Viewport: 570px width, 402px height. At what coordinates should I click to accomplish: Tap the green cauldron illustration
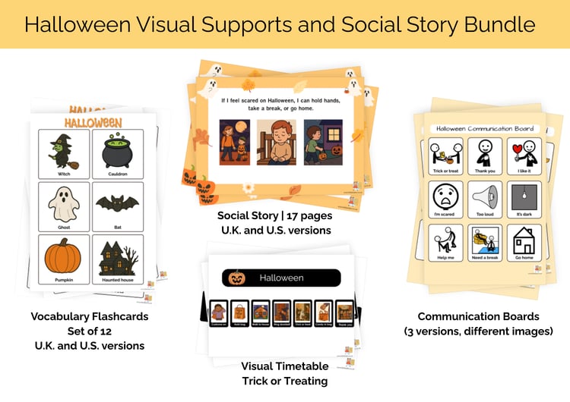[x=116, y=151]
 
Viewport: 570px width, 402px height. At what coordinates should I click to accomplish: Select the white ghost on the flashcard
[x=64, y=204]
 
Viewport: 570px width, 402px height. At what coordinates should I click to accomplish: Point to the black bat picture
[x=116, y=203]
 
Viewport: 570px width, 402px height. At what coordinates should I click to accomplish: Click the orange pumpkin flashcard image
[x=64, y=256]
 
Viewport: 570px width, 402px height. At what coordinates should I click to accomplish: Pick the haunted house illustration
[x=116, y=256]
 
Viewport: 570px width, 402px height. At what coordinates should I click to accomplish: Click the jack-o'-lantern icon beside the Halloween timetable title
[x=236, y=278]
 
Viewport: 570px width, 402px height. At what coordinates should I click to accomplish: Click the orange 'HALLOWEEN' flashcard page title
[x=93, y=122]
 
